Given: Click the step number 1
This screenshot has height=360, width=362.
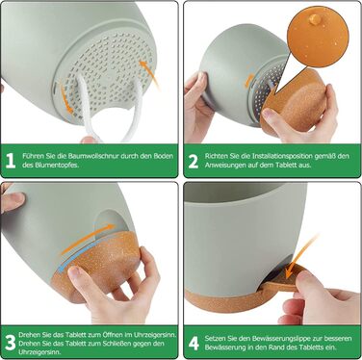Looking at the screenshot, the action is click(x=11, y=161).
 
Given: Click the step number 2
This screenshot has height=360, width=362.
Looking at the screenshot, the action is click(x=194, y=161).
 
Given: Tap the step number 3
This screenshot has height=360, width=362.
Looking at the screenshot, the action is click(x=11, y=343).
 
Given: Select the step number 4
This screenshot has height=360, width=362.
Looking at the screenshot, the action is click(x=194, y=343).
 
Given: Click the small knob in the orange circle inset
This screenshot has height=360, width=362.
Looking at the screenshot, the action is click(x=315, y=19).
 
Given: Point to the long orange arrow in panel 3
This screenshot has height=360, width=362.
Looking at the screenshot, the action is click(x=88, y=239).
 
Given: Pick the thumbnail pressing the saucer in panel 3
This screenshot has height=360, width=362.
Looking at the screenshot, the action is click(x=75, y=271).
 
